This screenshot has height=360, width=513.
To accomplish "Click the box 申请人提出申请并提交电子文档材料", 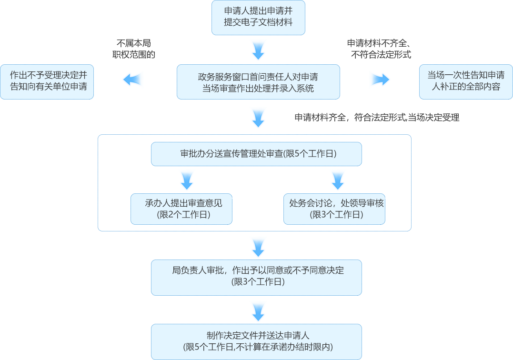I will coord(258,18).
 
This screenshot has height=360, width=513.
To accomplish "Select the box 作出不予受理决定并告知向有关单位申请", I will coord(47,82).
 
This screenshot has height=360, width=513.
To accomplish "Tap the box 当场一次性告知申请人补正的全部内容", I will coord(465,82).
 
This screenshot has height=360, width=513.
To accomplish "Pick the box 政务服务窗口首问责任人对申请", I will coord(258,82).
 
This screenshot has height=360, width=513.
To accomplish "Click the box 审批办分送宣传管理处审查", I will coord(256,154).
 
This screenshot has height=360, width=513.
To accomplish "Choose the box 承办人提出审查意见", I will coord(181,209).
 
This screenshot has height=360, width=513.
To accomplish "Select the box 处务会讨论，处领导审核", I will coord(334,209).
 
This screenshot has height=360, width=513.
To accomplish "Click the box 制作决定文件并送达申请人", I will coord(256,341).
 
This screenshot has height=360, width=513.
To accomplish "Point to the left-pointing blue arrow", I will coord(133,80).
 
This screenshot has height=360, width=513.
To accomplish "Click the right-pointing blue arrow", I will coord(379,80).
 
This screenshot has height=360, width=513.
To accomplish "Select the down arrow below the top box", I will coord(258,50).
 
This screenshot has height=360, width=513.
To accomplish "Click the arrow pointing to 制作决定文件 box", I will coord(258,311).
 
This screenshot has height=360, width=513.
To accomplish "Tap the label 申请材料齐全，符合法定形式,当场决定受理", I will coord(377,117).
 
